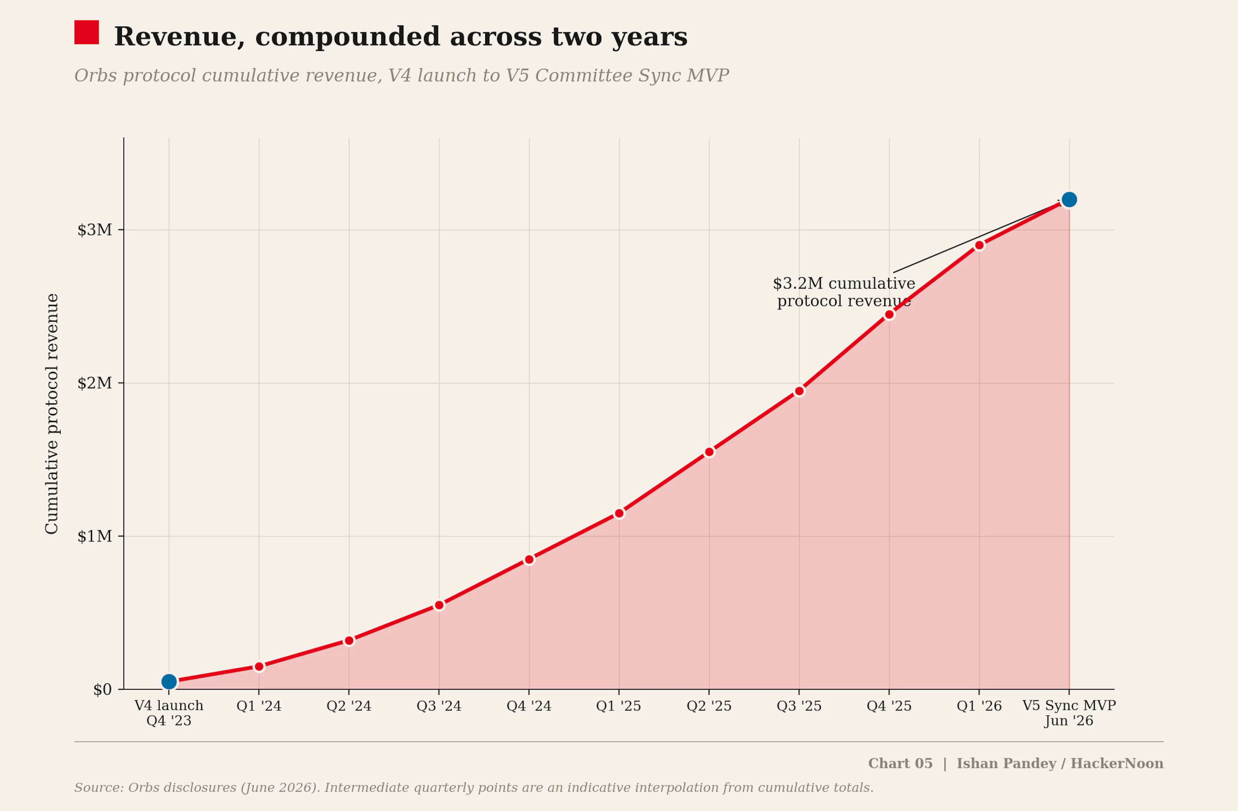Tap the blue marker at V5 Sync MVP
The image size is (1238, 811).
click(x=1069, y=199)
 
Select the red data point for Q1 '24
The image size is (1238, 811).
click(x=259, y=666)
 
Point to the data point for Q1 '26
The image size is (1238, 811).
click(x=979, y=245)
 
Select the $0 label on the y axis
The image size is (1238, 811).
click(x=103, y=689)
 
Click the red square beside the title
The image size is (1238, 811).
click(x=86, y=32)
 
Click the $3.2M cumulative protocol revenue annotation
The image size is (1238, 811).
click(x=844, y=292)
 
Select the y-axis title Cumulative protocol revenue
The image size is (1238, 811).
click(x=52, y=414)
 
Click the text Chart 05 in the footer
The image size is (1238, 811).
click(x=900, y=763)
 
